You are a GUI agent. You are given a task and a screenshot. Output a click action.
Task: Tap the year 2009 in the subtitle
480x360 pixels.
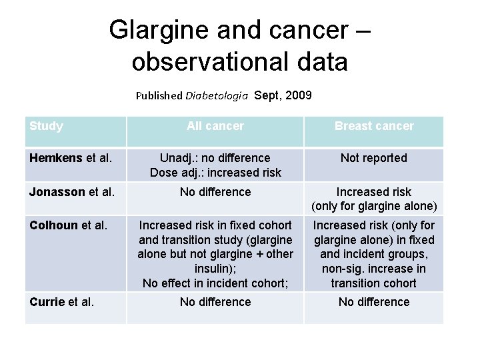[x=297, y=95]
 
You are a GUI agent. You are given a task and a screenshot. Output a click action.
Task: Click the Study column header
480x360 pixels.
[x=46, y=126]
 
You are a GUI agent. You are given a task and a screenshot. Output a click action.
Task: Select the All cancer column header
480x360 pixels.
[x=215, y=126]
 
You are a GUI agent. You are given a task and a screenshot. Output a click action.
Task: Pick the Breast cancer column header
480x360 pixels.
[x=374, y=126]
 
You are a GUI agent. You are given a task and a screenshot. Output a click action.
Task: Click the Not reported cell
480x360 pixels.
[x=374, y=158]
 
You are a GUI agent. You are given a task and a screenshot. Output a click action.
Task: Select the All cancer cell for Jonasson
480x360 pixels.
[x=215, y=192]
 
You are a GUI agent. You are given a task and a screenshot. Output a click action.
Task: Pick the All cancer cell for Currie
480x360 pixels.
[x=215, y=302]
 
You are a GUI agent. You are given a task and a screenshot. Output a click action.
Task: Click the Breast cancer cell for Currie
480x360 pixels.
[x=374, y=302]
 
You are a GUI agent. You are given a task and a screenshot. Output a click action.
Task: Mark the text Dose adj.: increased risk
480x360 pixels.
[x=215, y=173]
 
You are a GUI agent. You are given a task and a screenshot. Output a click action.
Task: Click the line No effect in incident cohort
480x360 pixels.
[x=215, y=283]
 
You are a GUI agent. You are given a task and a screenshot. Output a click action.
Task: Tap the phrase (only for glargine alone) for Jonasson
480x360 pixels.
[x=374, y=206]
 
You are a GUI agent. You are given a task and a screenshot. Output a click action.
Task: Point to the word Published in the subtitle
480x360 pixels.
[x=159, y=95]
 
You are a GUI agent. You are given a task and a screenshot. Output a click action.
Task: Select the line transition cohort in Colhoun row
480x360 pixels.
[x=374, y=283]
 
